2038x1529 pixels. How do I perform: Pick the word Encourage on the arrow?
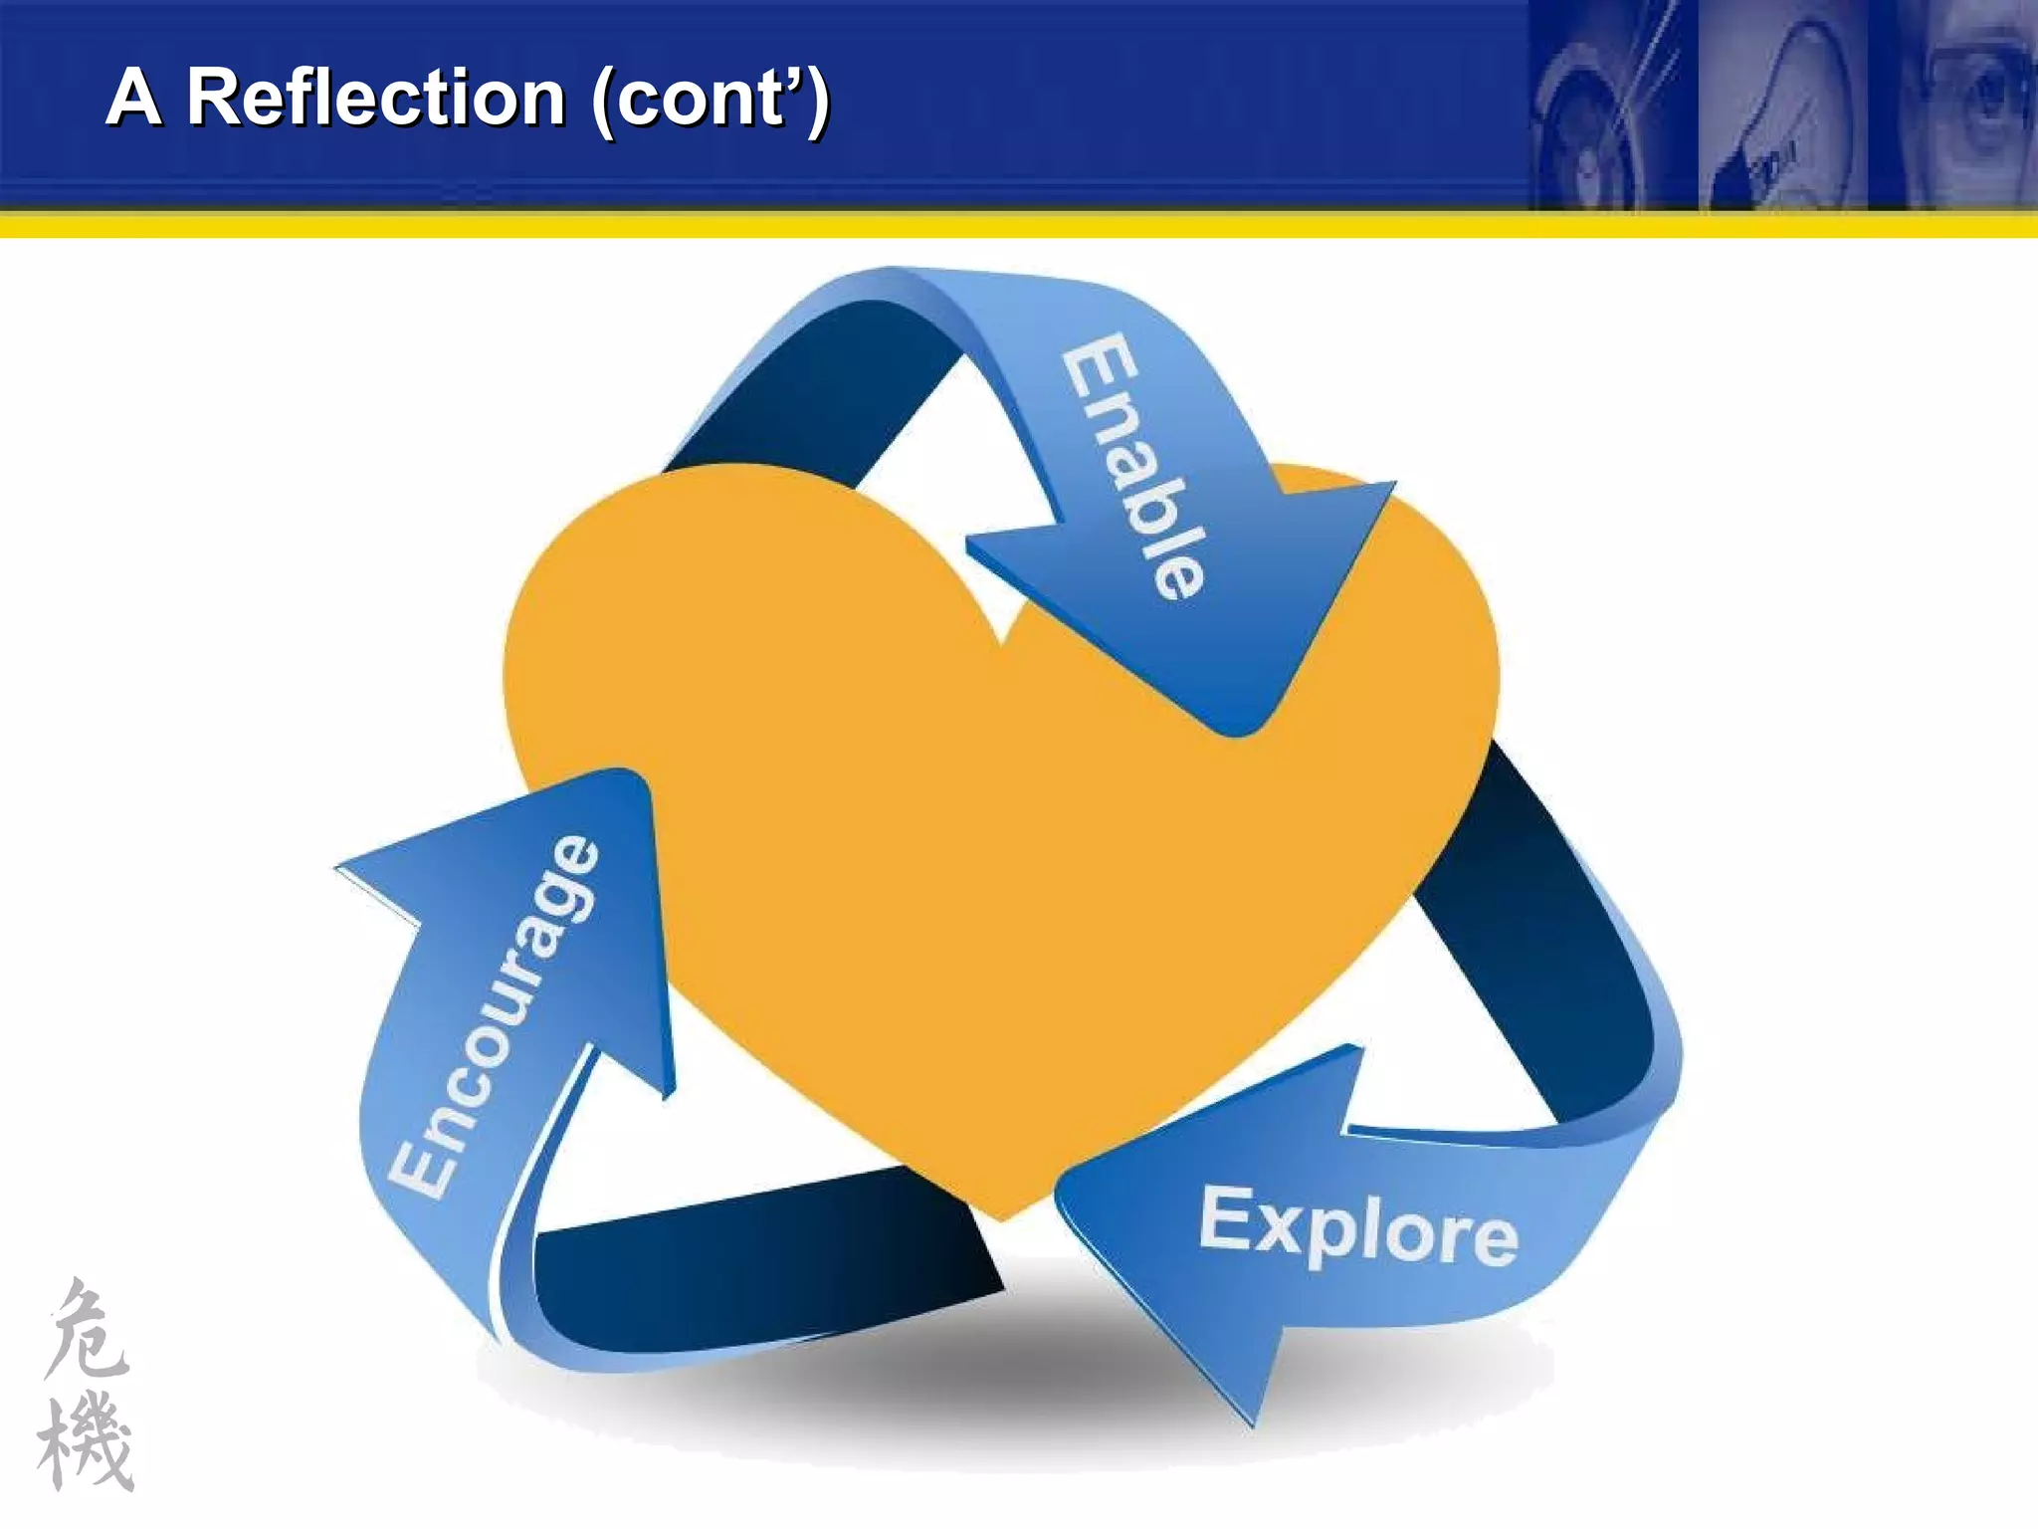coord(495,1015)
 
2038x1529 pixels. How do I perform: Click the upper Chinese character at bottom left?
coord(88,1330)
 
